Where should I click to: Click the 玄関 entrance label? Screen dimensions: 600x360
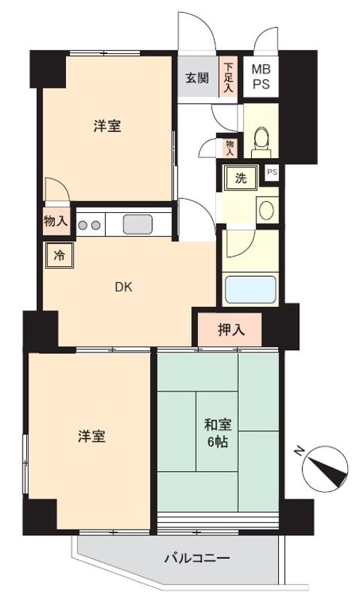(198, 76)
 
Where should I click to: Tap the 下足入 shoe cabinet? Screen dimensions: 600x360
(229, 78)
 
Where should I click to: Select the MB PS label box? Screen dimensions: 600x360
(261, 76)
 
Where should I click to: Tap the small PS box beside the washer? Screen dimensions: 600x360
(271, 172)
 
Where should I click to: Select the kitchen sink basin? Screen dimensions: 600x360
(138, 223)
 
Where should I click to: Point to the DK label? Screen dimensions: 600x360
(124, 286)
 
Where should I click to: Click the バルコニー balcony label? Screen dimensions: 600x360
(196, 558)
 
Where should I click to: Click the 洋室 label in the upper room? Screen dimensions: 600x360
(107, 126)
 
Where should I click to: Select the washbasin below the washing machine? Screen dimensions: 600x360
(265, 209)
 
